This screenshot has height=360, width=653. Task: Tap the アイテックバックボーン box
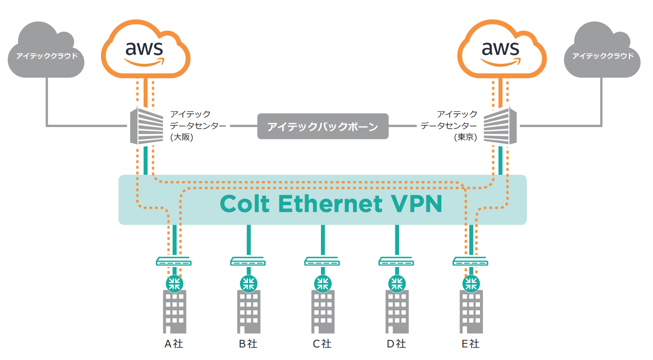pyautogui.click(x=322, y=126)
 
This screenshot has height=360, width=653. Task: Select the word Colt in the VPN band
pyautogui.click(x=245, y=204)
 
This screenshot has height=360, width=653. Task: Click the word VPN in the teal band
pyautogui.click(x=415, y=204)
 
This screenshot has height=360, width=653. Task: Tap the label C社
pyautogui.click(x=322, y=344)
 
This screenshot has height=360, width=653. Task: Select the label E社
pyautogui.click(x=470, y=344)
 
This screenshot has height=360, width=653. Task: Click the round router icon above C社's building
pyautogui.click(x=322, y=283)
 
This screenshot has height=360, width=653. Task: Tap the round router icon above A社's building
pyautogui.click(x=174, y=283)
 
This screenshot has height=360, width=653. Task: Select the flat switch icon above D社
pyautogui.click(x=396, y=262)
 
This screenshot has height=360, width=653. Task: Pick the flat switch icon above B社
pyautogui.click(x=248, y=262)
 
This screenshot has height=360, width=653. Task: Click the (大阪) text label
pyautogui.click(x=181, y=138)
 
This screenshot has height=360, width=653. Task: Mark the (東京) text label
pyautogui.click(x=466, y=138)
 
